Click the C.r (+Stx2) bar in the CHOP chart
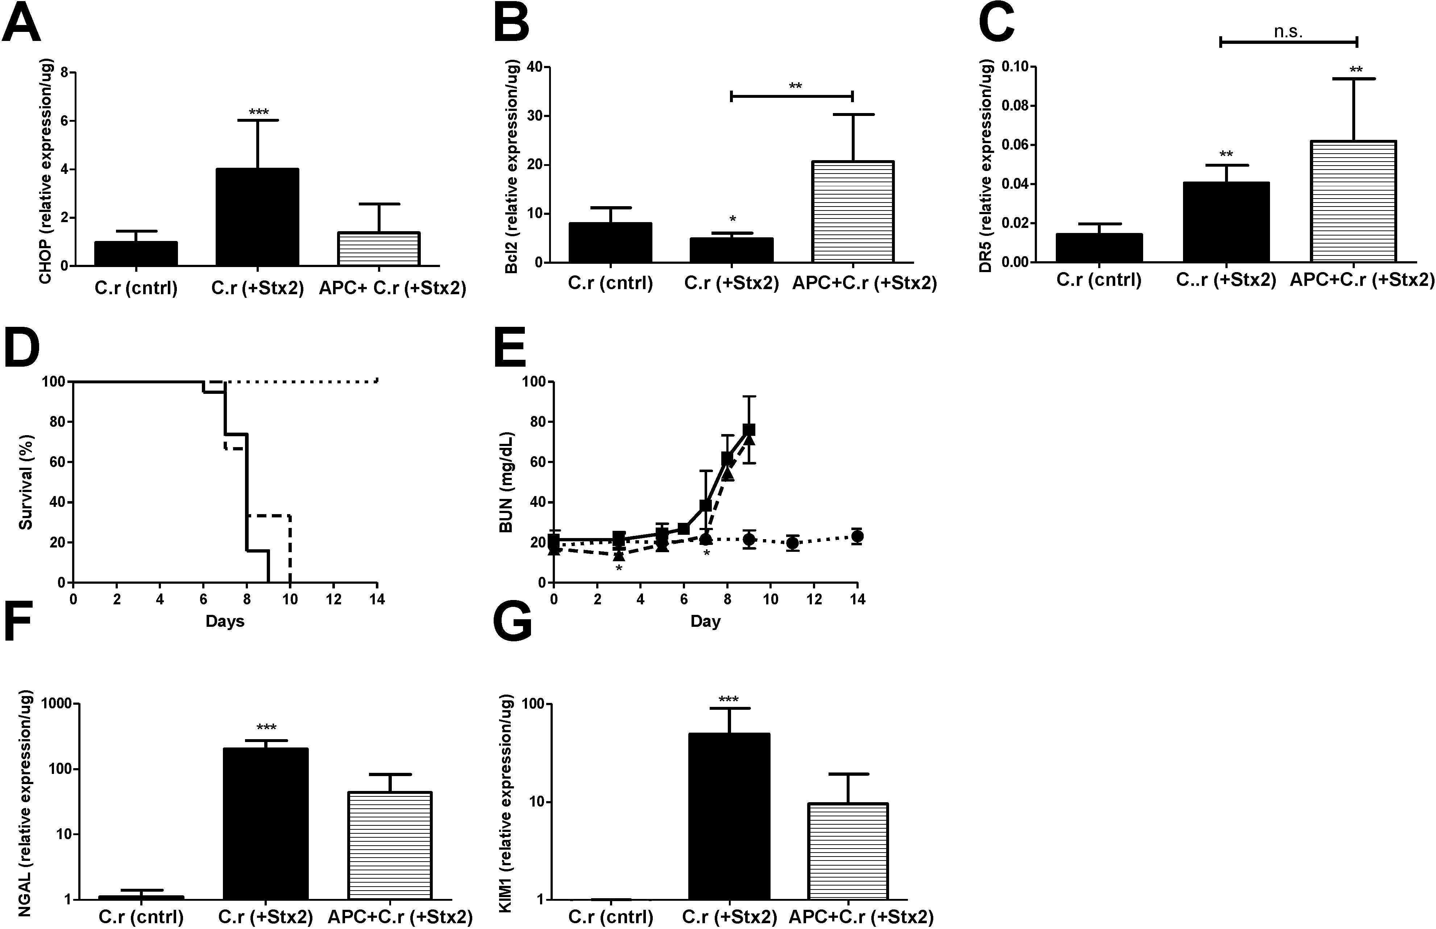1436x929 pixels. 257,217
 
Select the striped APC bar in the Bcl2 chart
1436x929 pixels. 852,212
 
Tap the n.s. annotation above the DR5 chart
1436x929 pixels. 1287,32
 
